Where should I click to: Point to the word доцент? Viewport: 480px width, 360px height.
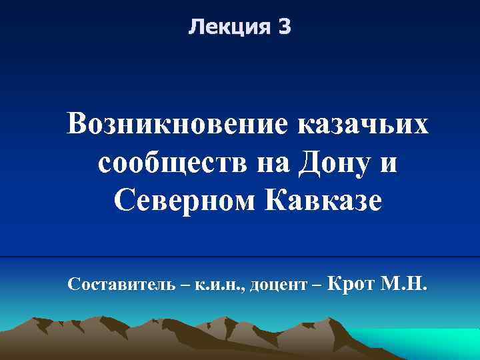click(x=279, y=287)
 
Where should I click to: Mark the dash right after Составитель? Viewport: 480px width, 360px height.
click(x=183, y=286)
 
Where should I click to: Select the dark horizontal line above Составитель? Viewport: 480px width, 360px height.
click(x=240, y=257)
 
